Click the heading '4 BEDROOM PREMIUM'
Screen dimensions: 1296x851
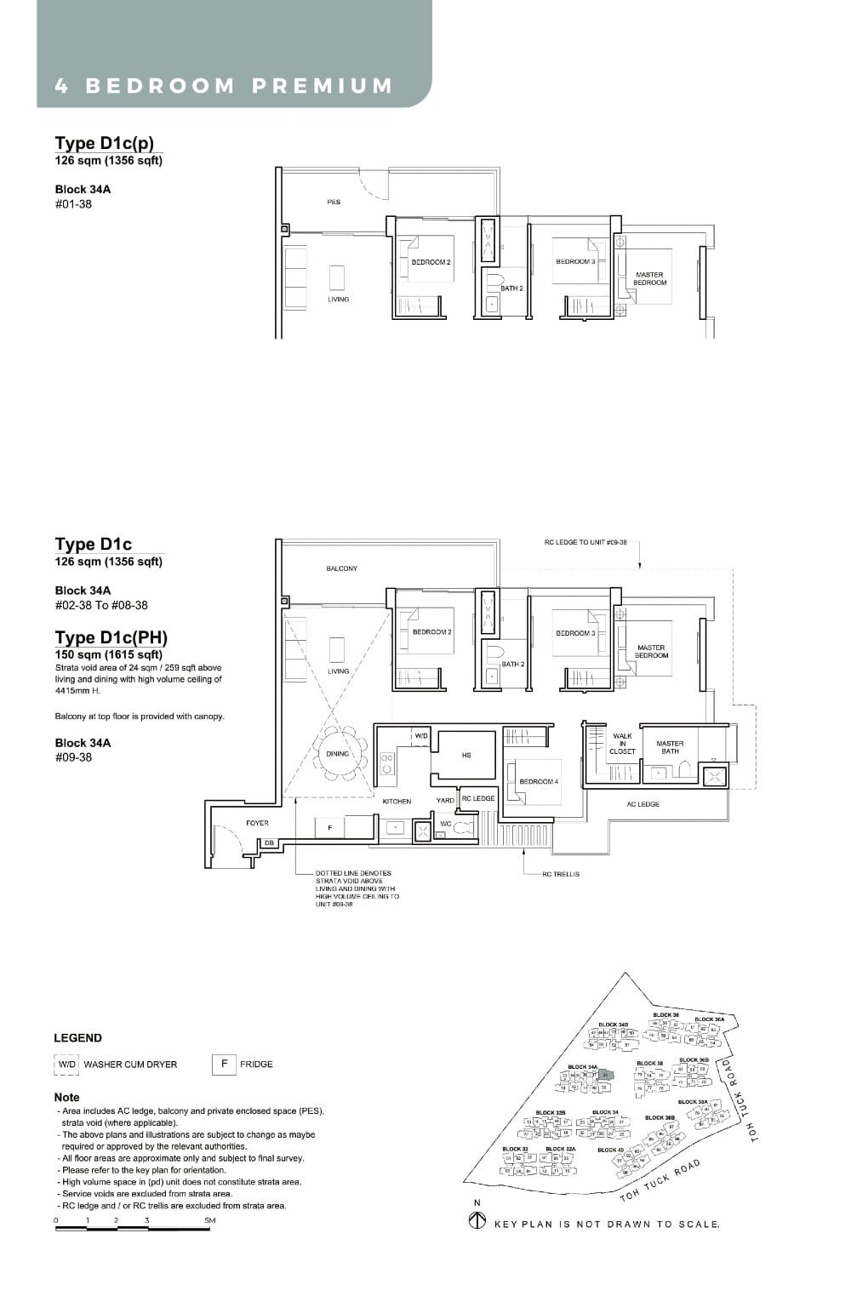click(224, 86)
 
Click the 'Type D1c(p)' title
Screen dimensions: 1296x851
click(105, 143)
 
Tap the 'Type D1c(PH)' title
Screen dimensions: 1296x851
click(111, 637)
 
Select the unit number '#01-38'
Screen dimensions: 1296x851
click(73, 204)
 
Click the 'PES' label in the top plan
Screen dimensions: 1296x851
click(334, 203)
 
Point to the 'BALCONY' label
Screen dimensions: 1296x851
click(342, 568)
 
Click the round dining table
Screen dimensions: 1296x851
click(338, 754)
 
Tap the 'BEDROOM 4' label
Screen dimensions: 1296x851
click(539, 781)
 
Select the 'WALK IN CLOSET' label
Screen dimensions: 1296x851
click(622, 743)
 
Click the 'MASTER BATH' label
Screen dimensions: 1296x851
click(670, 747)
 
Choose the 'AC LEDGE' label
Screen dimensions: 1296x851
click(643, 804)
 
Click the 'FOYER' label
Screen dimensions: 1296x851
click(257, 823)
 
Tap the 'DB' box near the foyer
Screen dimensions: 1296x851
click(269, 842)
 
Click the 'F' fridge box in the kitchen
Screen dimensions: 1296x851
click(329, 827)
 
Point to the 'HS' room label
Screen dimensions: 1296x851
click(466, 755)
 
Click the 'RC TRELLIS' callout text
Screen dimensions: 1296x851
click(560, 874)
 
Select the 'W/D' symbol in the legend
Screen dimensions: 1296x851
click(67, 1065)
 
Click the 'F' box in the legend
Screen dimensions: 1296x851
click(224, 1064)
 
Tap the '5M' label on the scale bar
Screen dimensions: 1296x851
click(209, 1220)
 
